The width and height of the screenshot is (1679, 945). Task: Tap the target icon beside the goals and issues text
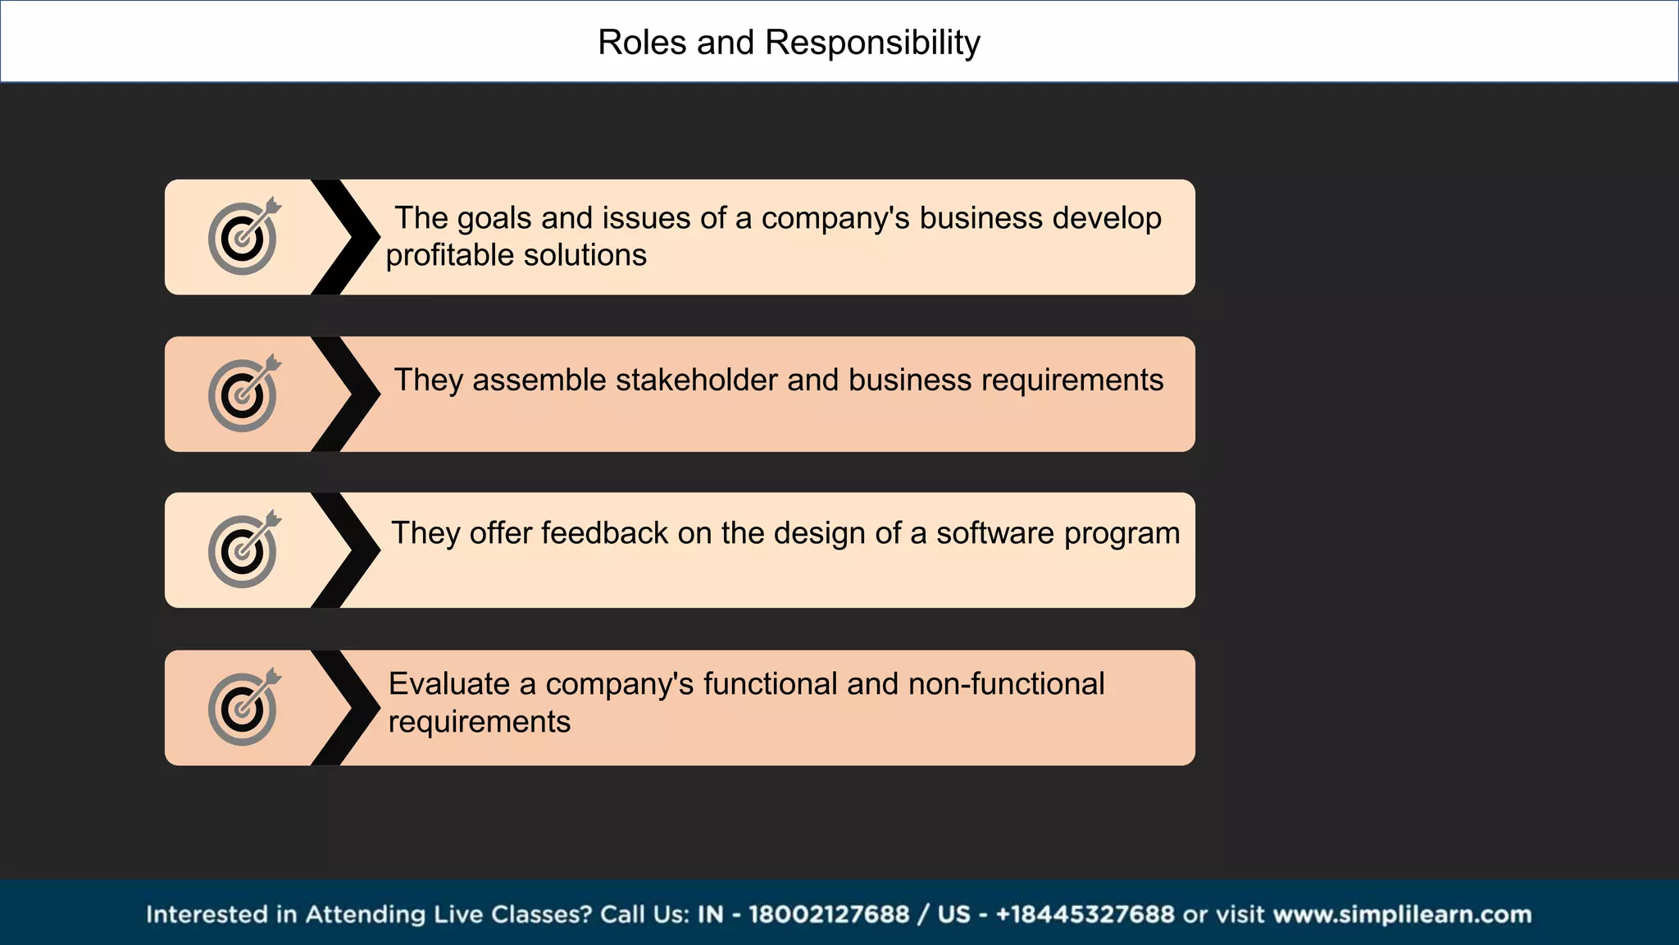243,237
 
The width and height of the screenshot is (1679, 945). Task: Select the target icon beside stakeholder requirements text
243,395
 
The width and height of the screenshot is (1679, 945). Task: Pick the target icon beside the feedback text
243,550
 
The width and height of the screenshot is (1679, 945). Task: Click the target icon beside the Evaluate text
243,708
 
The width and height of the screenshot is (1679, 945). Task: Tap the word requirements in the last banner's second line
479,722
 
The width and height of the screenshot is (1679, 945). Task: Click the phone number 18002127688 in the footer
828,915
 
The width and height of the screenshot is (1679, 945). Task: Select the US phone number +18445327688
1085,915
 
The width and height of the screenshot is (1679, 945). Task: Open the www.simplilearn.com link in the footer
1402,915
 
